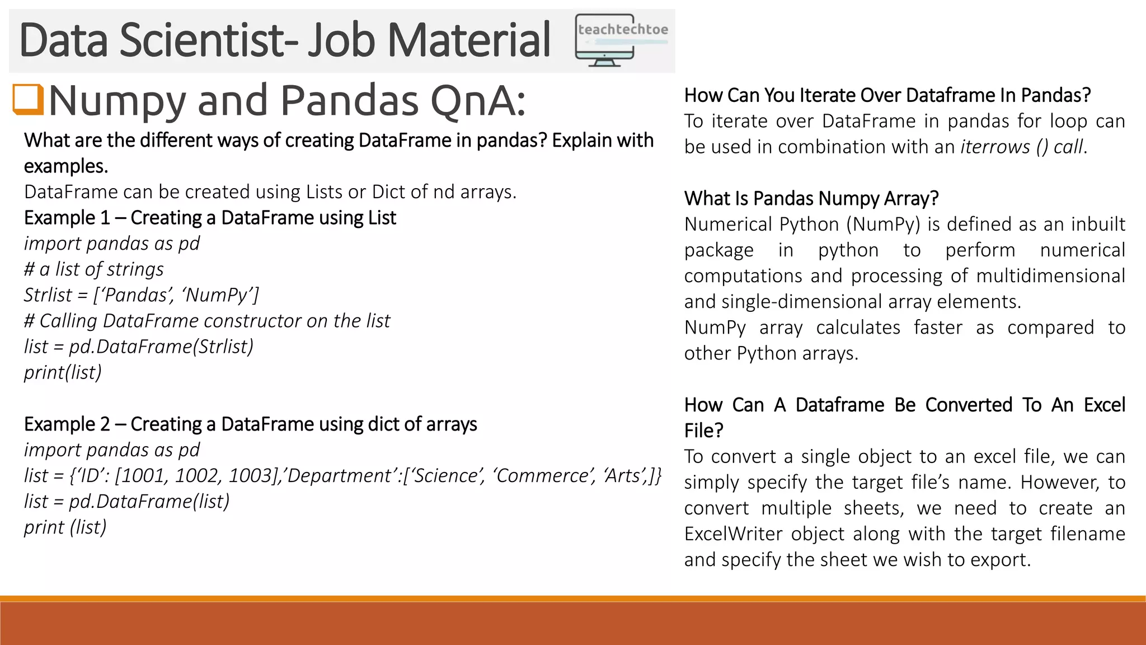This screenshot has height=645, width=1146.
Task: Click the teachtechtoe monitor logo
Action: pyautogui.click(x=621, y=41)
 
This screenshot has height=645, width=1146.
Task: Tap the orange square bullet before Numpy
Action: pyautogui.click(x=28, y=100)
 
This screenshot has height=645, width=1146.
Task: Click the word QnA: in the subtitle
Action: pyautogui.click(x=478, y=101)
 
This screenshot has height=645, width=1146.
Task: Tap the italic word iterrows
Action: pyautogui.click(x=995, y=147)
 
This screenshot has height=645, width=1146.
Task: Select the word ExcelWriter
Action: pyautogui.click(x=733, y=534)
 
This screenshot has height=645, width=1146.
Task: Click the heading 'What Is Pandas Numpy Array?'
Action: pyautogui.click(x=811, y=198)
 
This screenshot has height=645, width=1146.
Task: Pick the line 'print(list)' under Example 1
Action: pyautogui.click(x=63, y=372)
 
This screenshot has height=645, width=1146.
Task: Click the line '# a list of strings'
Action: pyautogui.click(x=93, y=269)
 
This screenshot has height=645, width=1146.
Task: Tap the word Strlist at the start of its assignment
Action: pyautogui.click(x=48, y=295)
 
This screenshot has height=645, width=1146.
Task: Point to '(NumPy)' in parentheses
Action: pyautogui.click(x=883, y=224)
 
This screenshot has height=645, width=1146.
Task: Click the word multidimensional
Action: pyautogui.click(x=1050, y=275)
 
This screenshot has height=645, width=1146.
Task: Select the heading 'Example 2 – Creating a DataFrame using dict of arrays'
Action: pyautogui.click(x=250, y=424)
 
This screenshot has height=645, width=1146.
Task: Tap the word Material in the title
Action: pyautogui.click(x=469, y=40)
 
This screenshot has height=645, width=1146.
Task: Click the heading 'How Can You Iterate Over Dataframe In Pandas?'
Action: pyautogui.click(x=887, y=95)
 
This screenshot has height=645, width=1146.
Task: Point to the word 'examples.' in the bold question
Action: pyautogui.click(x=65, y=166)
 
